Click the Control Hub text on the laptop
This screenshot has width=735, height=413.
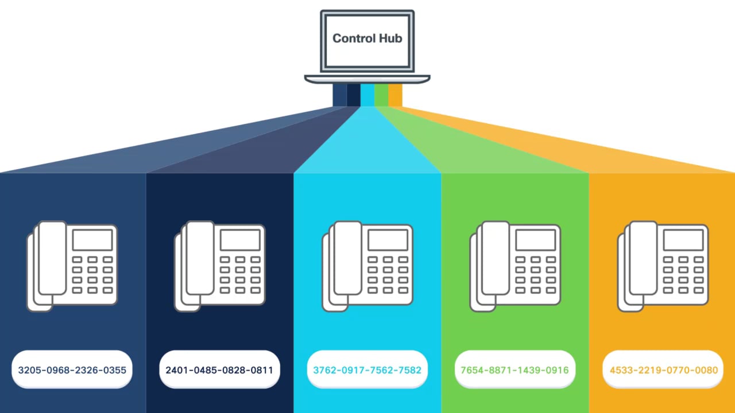(367, 38)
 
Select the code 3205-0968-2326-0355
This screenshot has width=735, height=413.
(72, 370)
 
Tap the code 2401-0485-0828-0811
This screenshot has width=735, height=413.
(219, 370)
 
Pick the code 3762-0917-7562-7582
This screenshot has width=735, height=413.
(367, 370)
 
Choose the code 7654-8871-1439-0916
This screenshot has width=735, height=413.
(514, 370)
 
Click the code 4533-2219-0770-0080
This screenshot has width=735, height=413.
(663, 370)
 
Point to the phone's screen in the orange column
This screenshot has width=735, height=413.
(683, 240)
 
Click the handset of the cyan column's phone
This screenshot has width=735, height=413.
(347, 258)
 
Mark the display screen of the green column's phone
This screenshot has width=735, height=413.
(535, 240)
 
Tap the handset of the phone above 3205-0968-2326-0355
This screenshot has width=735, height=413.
(52, 258)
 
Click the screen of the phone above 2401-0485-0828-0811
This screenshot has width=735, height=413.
(240, 240)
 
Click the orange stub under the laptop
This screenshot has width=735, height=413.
(395, 95)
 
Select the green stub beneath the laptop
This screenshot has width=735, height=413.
(381, 95)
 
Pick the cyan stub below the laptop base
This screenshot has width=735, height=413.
(367, 95)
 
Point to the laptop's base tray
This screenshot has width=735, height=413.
(367, 79)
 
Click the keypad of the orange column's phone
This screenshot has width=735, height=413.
(683, 275)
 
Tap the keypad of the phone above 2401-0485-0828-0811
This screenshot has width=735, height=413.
(240, 275)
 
